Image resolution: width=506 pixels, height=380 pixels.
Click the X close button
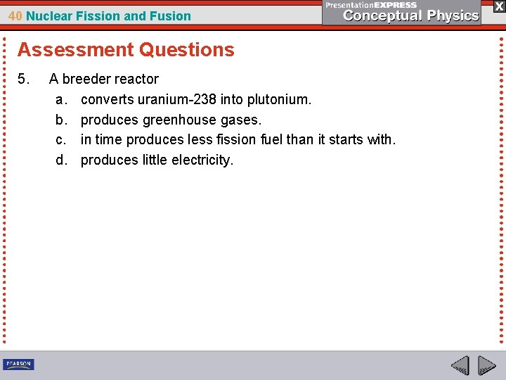[498, 6]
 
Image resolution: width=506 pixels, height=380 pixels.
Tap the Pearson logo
[18, 365]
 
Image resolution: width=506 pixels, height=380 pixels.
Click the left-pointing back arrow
[460, 366]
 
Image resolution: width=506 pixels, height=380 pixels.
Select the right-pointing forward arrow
[486, 366]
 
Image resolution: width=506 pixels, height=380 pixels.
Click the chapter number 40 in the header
[15, 15]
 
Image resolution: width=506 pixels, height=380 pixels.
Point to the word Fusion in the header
[172, 15]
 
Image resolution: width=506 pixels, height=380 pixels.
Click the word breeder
[86, 79]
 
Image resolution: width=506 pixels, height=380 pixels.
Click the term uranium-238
[173, 99]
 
